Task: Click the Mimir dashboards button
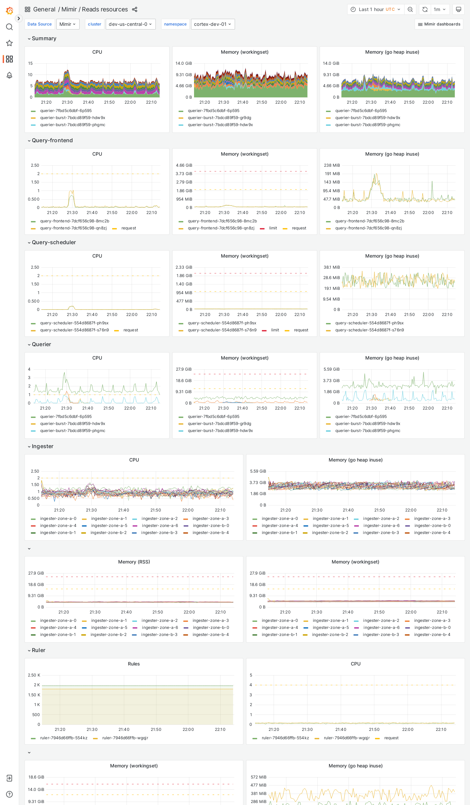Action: tap(439, 24)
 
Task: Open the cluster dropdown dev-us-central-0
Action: tap(131, 24)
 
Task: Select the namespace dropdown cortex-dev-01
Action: tap(213, 24)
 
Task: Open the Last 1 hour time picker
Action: tap(376, 9)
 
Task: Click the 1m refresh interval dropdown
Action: tap(439, 9)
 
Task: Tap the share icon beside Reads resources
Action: tap(135, 9)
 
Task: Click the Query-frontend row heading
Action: tap(52, 140)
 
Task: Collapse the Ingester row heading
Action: tap(42, 446)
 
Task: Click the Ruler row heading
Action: tap(38, 650)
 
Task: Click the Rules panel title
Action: tap(134, 664)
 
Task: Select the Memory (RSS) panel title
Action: tap(134, 562)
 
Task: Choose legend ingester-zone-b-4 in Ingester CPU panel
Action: tap(210, 533)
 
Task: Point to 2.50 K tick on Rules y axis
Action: tap(34, 675)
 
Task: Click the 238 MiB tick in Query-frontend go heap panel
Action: tap(332, 165)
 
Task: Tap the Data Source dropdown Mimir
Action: tap(67, 24)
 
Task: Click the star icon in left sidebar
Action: tap(9, 43)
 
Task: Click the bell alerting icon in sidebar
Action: tap(9, 75)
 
